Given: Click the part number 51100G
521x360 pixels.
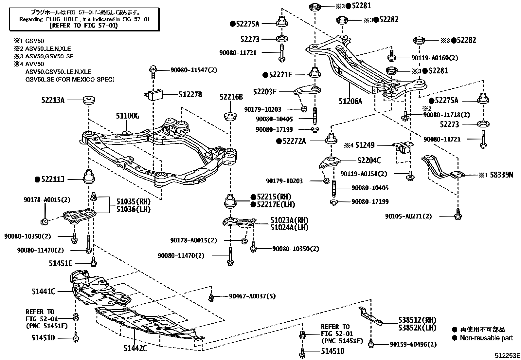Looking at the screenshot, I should (128, 116).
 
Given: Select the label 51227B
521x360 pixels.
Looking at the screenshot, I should (190, 95).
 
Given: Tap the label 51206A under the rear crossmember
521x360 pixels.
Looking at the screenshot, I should (350, 101).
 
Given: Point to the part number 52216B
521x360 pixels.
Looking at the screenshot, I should (231, 97).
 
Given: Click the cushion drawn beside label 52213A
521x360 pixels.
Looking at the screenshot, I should (89, 100).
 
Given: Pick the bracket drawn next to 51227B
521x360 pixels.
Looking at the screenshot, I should (155, 95).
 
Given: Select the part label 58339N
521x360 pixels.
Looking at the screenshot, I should (501, 175).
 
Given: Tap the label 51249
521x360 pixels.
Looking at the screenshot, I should (365, 145).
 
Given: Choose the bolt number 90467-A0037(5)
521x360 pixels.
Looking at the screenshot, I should (252, 296).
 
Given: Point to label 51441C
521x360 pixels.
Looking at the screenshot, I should (44, 291).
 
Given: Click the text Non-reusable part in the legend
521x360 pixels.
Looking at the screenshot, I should (486, 338).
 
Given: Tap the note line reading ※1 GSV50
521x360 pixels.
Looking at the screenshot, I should (28, 41).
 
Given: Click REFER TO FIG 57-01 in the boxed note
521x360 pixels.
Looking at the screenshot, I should (83, 25).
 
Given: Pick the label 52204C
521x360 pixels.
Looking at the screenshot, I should (369, 161).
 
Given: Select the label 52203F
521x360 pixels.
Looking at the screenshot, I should (264, 91).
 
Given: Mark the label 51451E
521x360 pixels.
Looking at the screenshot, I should (61, 263).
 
